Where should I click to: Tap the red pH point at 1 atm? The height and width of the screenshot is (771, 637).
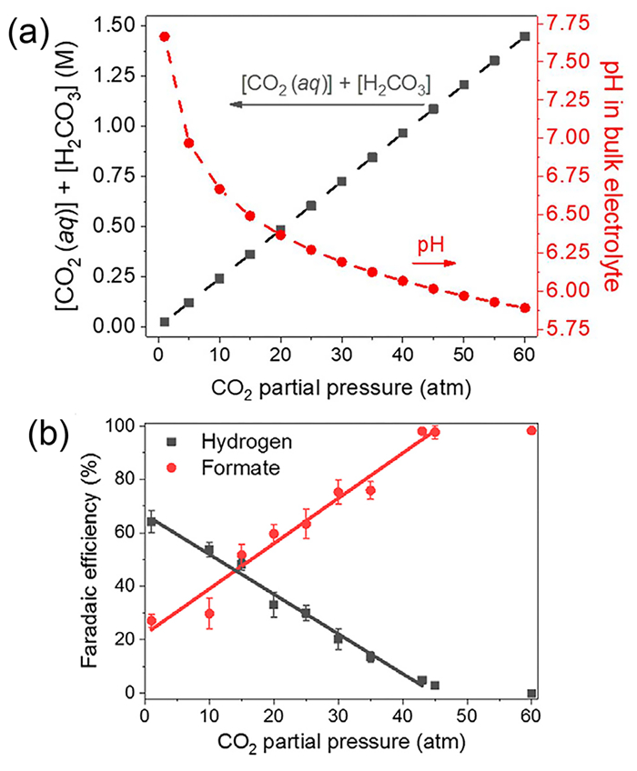pos(165,36)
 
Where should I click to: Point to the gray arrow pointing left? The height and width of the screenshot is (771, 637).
pos(328,105)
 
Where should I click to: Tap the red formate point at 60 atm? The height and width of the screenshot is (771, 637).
pos(531,430)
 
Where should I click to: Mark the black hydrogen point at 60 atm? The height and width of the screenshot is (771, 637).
pos(531,694)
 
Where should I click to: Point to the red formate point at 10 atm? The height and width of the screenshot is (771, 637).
pos(209,614)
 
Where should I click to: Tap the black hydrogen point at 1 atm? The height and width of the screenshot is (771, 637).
pos(152,522)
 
